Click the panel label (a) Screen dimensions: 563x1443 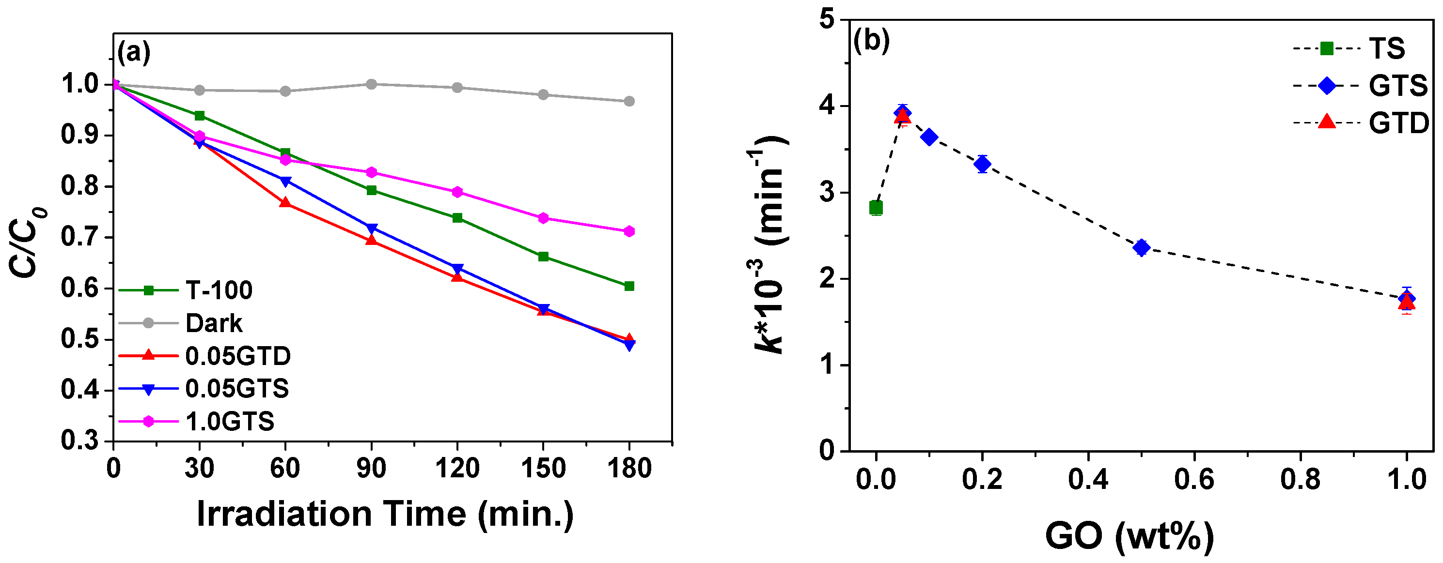pyautogui.click(x=133, y=53)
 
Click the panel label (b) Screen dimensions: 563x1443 pyautogui.click(x=871, y=40)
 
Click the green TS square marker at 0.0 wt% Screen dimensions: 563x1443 pyautogui.click(x=876, y=208)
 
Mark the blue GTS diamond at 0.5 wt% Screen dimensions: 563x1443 pyautogui.click(x=1141, y=247)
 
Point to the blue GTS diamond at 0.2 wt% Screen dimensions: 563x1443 pyautogui.click(x=982, y=164)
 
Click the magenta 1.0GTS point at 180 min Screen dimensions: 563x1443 pyautogui.click(x=629, y=231)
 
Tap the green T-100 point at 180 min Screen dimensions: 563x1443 pyautogui.click(x=629, y=286)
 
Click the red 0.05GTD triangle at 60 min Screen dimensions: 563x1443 pyautogui.click(x=285, y=202)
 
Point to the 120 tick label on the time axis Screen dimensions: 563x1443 pyautogui.click(x=457, y=468)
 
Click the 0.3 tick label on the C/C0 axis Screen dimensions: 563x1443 pyautogui.click(x=79, y=441)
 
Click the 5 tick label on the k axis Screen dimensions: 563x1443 pyautogui.click(x=827, y=20)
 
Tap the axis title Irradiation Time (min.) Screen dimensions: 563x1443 pyautogui.click(x=385, y=514)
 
